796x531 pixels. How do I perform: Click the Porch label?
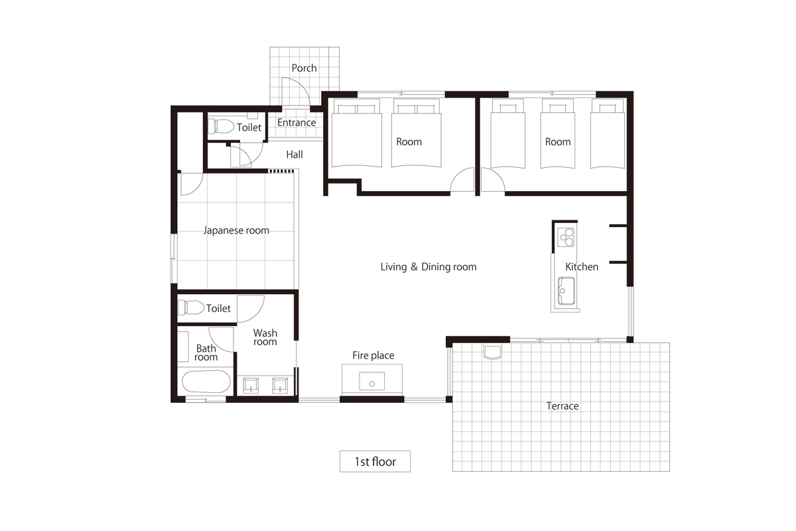coord(304,68)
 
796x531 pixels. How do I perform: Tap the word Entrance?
coord(297,122)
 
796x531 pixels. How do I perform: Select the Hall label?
coord(295,155)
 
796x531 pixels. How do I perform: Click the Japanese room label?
coord(236,230)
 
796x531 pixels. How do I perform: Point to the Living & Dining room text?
coord(429,267)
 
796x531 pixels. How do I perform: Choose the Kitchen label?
coord(581,267)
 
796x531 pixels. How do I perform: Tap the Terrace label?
coord(563,406)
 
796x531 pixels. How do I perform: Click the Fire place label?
coord(373,355)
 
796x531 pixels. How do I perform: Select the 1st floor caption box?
coord(375,461)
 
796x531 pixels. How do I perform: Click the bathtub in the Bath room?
coord(206,382)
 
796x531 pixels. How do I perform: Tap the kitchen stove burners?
coord(566,237)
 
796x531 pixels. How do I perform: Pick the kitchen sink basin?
coord(566,291)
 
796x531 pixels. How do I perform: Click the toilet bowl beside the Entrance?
coord(221,126)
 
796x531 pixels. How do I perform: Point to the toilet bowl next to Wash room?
coord(191,307)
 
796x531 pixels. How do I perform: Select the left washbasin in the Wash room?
coord(251,386)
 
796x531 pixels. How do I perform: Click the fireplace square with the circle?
coord(371,381)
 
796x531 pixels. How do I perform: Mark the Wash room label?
coord(265,337)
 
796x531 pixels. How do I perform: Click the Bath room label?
coord(206,353)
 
